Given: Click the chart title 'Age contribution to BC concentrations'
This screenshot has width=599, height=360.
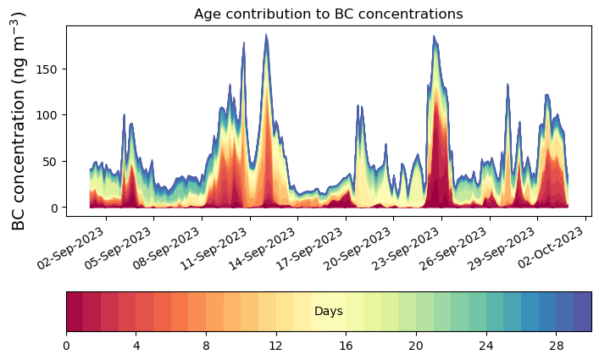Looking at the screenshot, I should [x=328, y=14].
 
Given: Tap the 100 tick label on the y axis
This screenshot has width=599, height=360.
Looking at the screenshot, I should [x=48, y=114].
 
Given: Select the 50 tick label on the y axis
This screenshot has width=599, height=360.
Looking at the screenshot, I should [x=52, y=161].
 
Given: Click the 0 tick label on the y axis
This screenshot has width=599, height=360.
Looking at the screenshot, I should [x=55, y=208].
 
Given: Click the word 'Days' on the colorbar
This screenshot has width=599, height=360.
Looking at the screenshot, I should [x=328, y=312].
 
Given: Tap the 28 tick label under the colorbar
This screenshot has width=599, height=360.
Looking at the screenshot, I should [x=556, y=346].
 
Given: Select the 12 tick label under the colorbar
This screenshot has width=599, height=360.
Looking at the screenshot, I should [x=276, y=346].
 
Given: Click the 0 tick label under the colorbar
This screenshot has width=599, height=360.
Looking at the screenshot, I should [x=66, y=346].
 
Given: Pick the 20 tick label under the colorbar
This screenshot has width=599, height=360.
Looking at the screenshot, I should [x=416, y=346].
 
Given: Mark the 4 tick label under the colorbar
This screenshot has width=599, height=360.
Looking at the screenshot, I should [x=136, y=346].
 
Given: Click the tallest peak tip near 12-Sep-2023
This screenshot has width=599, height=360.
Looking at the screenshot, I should [x=266, y=36].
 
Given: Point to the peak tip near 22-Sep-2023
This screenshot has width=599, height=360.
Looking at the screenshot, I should [x=434, y=36].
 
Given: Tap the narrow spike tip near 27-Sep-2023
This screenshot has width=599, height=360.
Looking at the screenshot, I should [x=507, y=85].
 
